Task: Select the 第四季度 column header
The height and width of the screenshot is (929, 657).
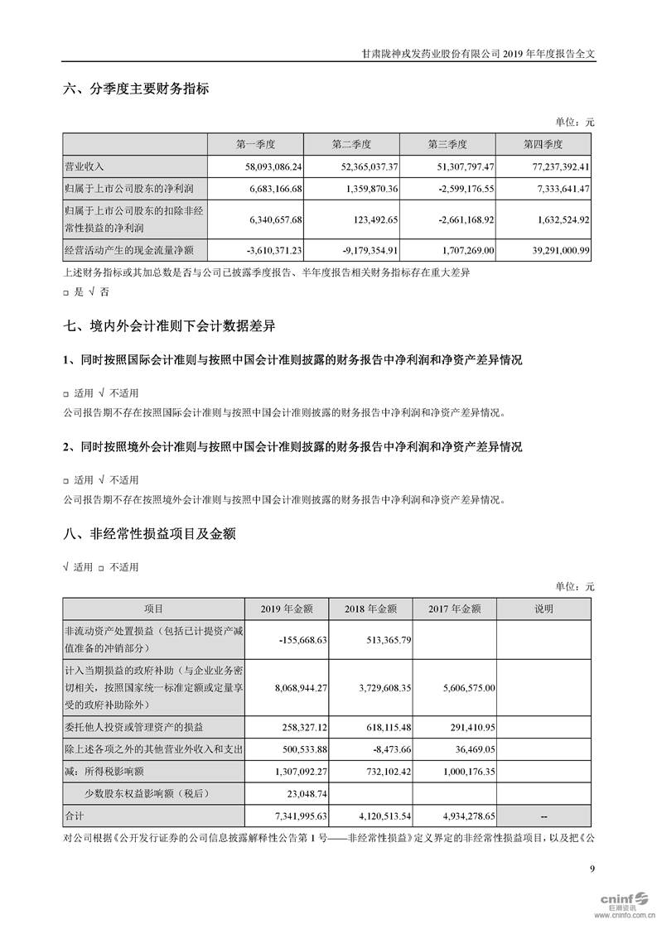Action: [x=543, y=144]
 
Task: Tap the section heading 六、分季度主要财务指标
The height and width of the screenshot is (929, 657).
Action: [x=136, y=89]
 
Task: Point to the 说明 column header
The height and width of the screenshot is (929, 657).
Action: [x=543, y=609]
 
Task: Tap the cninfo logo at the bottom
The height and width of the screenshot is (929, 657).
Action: [x=618, y=901]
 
